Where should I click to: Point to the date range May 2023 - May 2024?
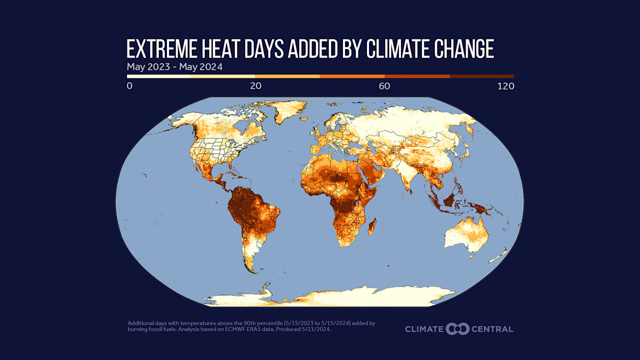pyautogui.click(x=174, y=67)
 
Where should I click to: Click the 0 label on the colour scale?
pyautogui.click(x=130, y=86)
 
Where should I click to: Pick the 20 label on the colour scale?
pyautogui.click(x=255, y=86)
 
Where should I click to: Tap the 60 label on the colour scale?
pyautogui.click(x=385, y=86)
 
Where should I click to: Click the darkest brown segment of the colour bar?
pyautogui.click(x=482, y=76)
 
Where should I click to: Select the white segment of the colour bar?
pyautogui.click(x=158, y=76)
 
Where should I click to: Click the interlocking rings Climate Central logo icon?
pyautogui.click(x=457, y=329)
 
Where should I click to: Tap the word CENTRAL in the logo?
pyautogui.click(x=492, y=329)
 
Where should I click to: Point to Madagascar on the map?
pyautogui.click(x=373, y=227)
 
